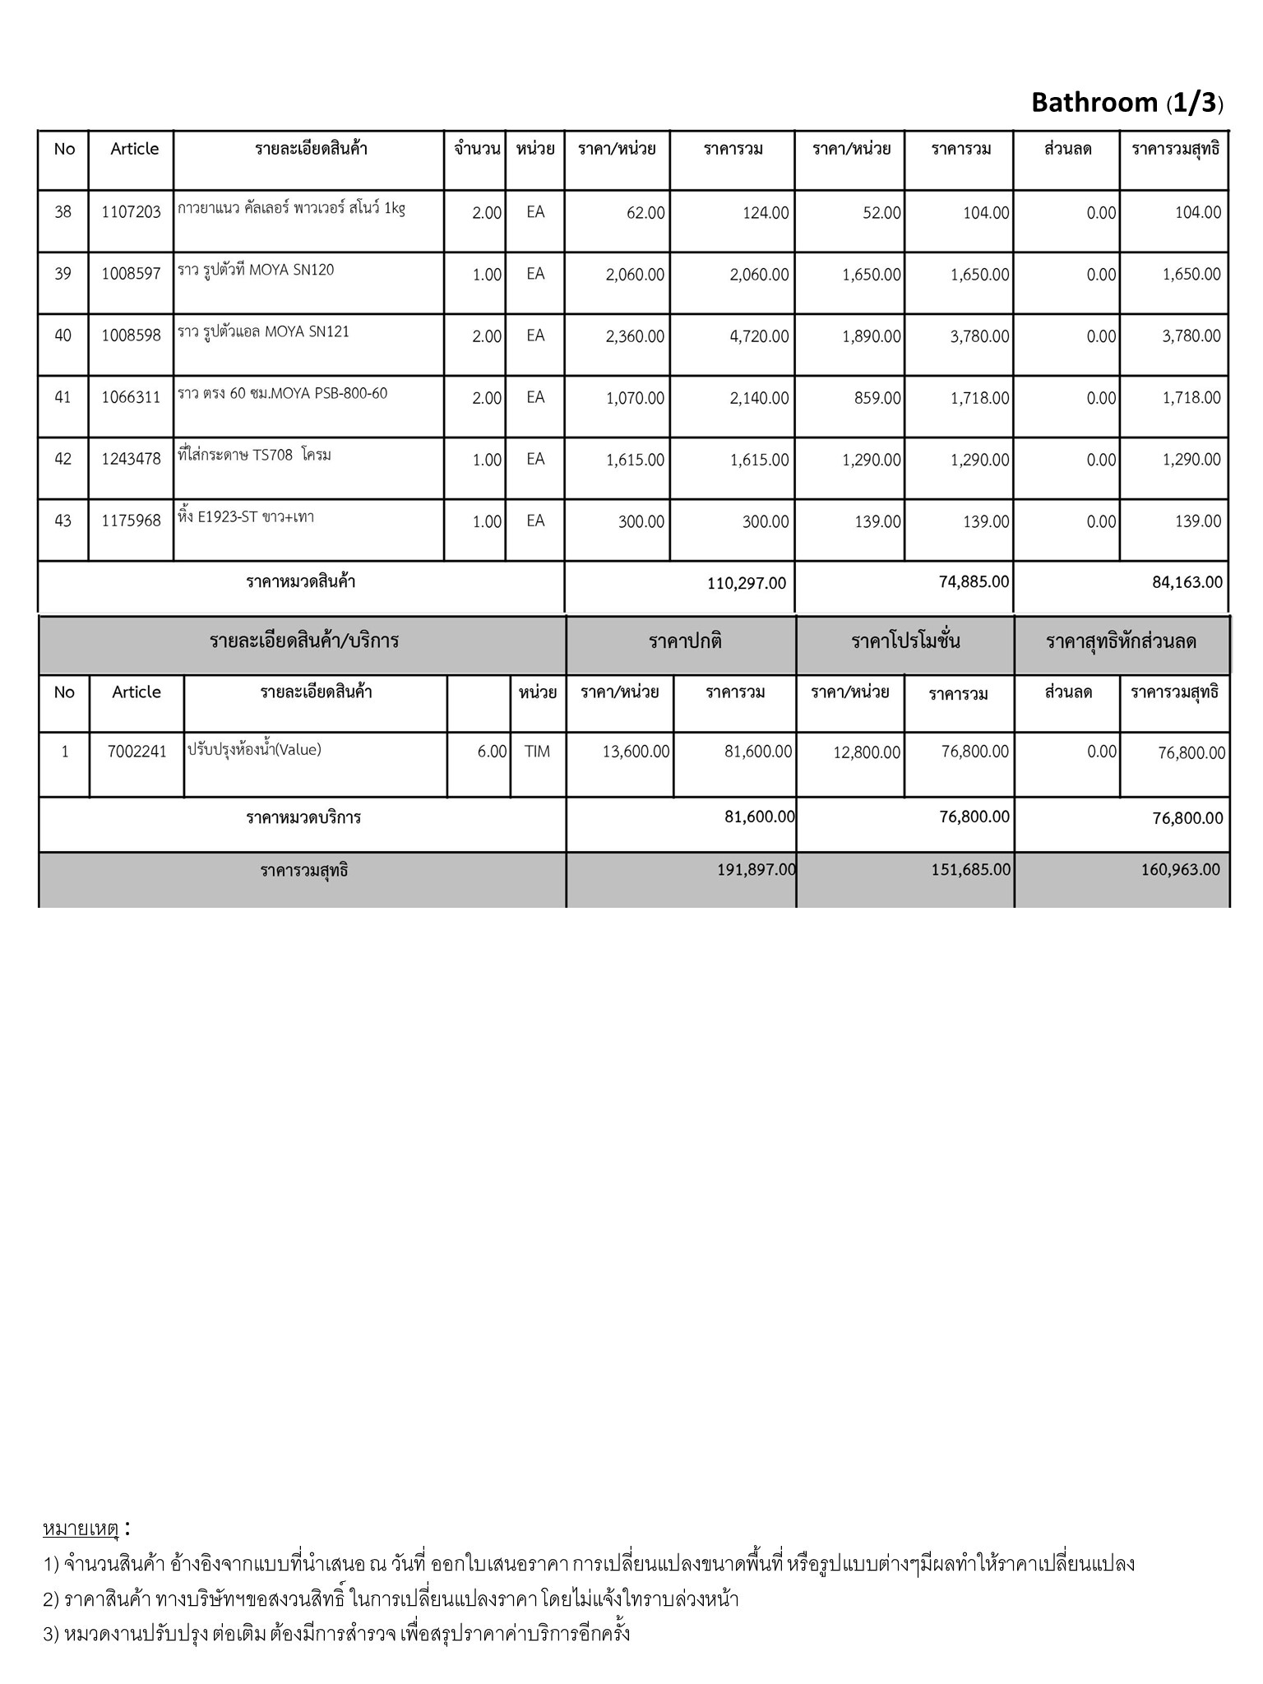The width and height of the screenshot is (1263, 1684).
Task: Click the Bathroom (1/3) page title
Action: coord(1127,103)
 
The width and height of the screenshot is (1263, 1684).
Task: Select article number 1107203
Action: coord(131,212)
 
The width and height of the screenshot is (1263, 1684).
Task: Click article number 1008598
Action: coord(131,335)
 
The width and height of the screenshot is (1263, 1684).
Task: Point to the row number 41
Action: coord(62,397)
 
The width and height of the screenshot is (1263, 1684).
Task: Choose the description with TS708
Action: coord(254,455)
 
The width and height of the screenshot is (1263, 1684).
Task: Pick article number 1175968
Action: coord(131,520)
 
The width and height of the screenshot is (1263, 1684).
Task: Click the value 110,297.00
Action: coord(746,583)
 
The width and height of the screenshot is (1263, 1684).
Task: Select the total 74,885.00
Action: coord(974,581)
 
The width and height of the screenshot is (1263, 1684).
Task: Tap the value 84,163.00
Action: coord(1187,582)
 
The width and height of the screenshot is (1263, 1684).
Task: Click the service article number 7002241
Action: coord(136,751)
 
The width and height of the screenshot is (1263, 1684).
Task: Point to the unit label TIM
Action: coord(537,751)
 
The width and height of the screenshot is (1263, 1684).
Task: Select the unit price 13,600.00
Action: coord(636,751)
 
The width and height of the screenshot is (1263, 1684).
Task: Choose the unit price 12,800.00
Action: coord(867,752)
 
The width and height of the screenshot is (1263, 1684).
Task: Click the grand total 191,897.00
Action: coord(756,869)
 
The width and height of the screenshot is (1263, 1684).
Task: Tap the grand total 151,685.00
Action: coord(970,869)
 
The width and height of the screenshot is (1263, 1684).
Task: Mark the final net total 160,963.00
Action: coord(1180,869)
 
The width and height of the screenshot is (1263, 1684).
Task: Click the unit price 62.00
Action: coord(645,213)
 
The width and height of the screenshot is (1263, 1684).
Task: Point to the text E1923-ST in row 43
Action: coord(227,517)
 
